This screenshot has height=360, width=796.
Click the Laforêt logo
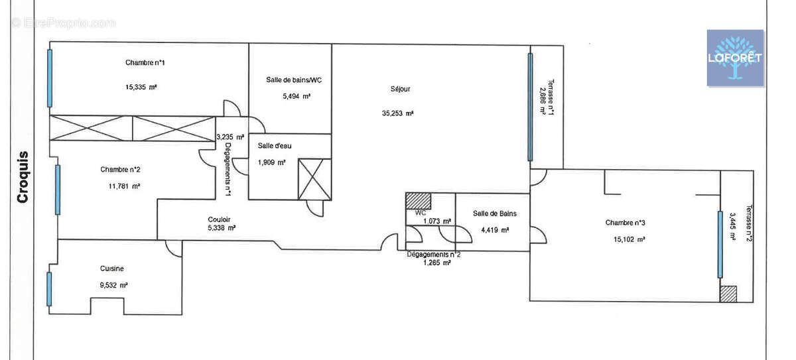[735, 58]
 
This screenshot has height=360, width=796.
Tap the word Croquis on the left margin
[23, 177]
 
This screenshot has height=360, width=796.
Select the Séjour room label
[400, 89]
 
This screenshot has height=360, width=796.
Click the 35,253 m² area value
[397, 113]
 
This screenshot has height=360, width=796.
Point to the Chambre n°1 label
[145, 62]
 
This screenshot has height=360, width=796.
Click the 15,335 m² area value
[141, 87]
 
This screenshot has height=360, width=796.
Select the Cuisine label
[112, 269]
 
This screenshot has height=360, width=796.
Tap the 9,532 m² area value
[113, 285]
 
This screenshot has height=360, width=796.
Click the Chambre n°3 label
[625, 223]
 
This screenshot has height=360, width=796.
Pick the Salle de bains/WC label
[294, 80]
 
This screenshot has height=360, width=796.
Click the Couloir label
[220, 219]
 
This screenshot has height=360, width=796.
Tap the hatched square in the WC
[419, 201]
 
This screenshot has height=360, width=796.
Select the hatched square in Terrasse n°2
[728, 294]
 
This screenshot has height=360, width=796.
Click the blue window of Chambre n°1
[50, 78]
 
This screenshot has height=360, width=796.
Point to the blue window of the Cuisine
[49, 289]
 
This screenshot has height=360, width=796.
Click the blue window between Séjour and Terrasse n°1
[530, 107]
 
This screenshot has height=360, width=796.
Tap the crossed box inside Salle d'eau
[315, 179]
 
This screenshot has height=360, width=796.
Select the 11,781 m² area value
[125, 186]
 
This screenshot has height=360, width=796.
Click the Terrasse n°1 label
[551, 97]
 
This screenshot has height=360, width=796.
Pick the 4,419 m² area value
[495, 230]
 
